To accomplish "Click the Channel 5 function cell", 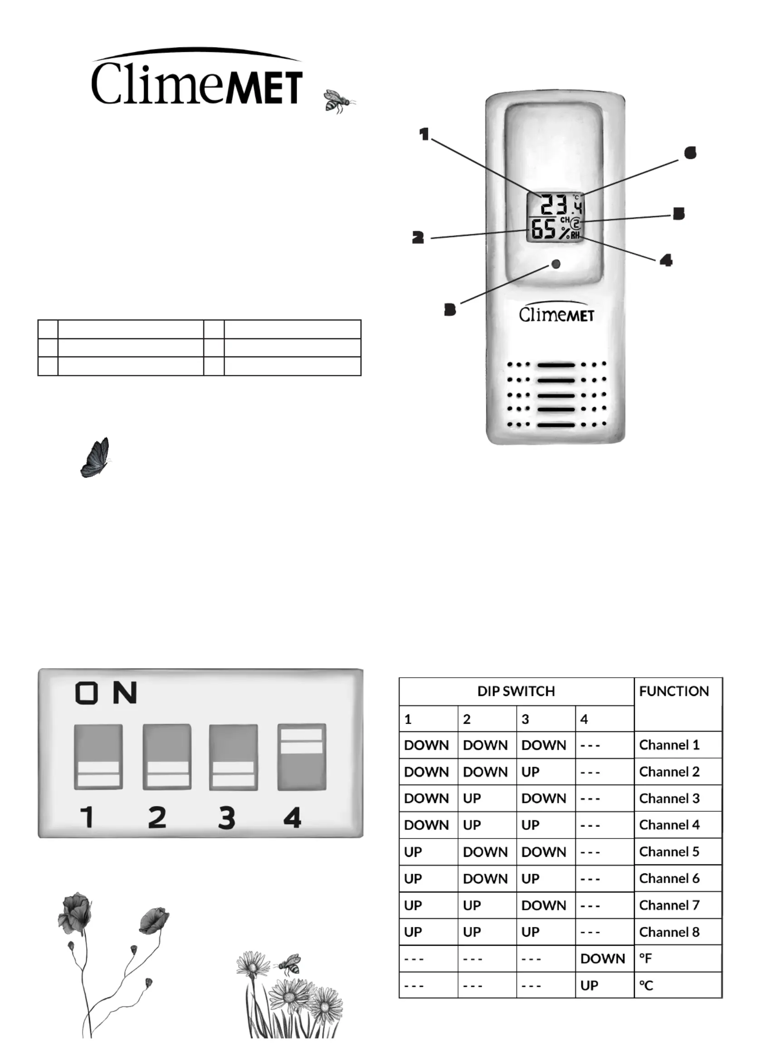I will coord(668,851).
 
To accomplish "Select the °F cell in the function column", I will coord(646,958).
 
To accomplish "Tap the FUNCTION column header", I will coord(673,691).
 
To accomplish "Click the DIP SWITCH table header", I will coord(516,691).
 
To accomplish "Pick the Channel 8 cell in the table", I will coord(669,932).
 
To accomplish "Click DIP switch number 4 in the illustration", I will coord(301,757).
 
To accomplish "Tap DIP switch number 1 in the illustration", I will coord(98,757).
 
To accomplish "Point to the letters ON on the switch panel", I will coord(106,692).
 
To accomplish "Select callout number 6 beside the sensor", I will coord(690,153).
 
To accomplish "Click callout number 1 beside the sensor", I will coord(424,135).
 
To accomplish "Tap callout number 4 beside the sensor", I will coord(666,260).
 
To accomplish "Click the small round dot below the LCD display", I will coord(556,264).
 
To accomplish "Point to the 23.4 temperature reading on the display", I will coord(561,204).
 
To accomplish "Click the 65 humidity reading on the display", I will coord(543,229).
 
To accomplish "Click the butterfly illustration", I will coord(95,457).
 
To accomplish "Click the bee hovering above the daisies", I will coord(288,964).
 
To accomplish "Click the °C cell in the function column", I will coord(646,985).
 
